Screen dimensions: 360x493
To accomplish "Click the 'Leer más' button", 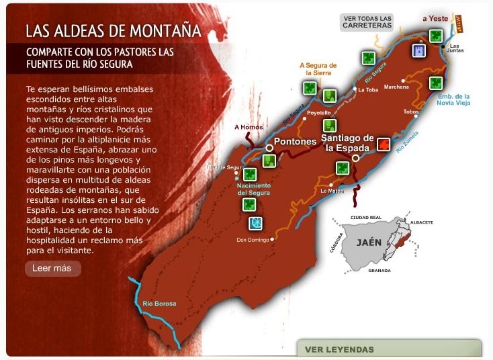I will click(52, 269).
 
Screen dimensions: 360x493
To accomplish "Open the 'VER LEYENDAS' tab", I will click(339, 349).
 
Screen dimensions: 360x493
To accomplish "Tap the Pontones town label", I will click(295, 142).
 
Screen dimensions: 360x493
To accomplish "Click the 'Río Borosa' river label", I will click(159, 304).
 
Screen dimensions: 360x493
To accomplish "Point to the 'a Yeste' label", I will click(435, 19).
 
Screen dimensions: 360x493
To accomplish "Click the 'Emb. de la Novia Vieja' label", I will click(453, 99).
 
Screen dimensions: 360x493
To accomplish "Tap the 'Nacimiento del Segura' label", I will click(255, 189).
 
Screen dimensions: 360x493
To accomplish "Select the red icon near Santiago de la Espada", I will click(383, 144).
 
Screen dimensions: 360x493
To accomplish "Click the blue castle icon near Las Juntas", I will click(418, 50).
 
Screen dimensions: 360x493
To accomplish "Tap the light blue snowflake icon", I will click(255, 223).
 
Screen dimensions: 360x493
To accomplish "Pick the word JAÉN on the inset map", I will click(369, 242).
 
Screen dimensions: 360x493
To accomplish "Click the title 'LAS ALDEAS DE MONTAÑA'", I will click(114, 31).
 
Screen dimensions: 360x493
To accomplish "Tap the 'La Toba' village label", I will click(368, 89).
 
